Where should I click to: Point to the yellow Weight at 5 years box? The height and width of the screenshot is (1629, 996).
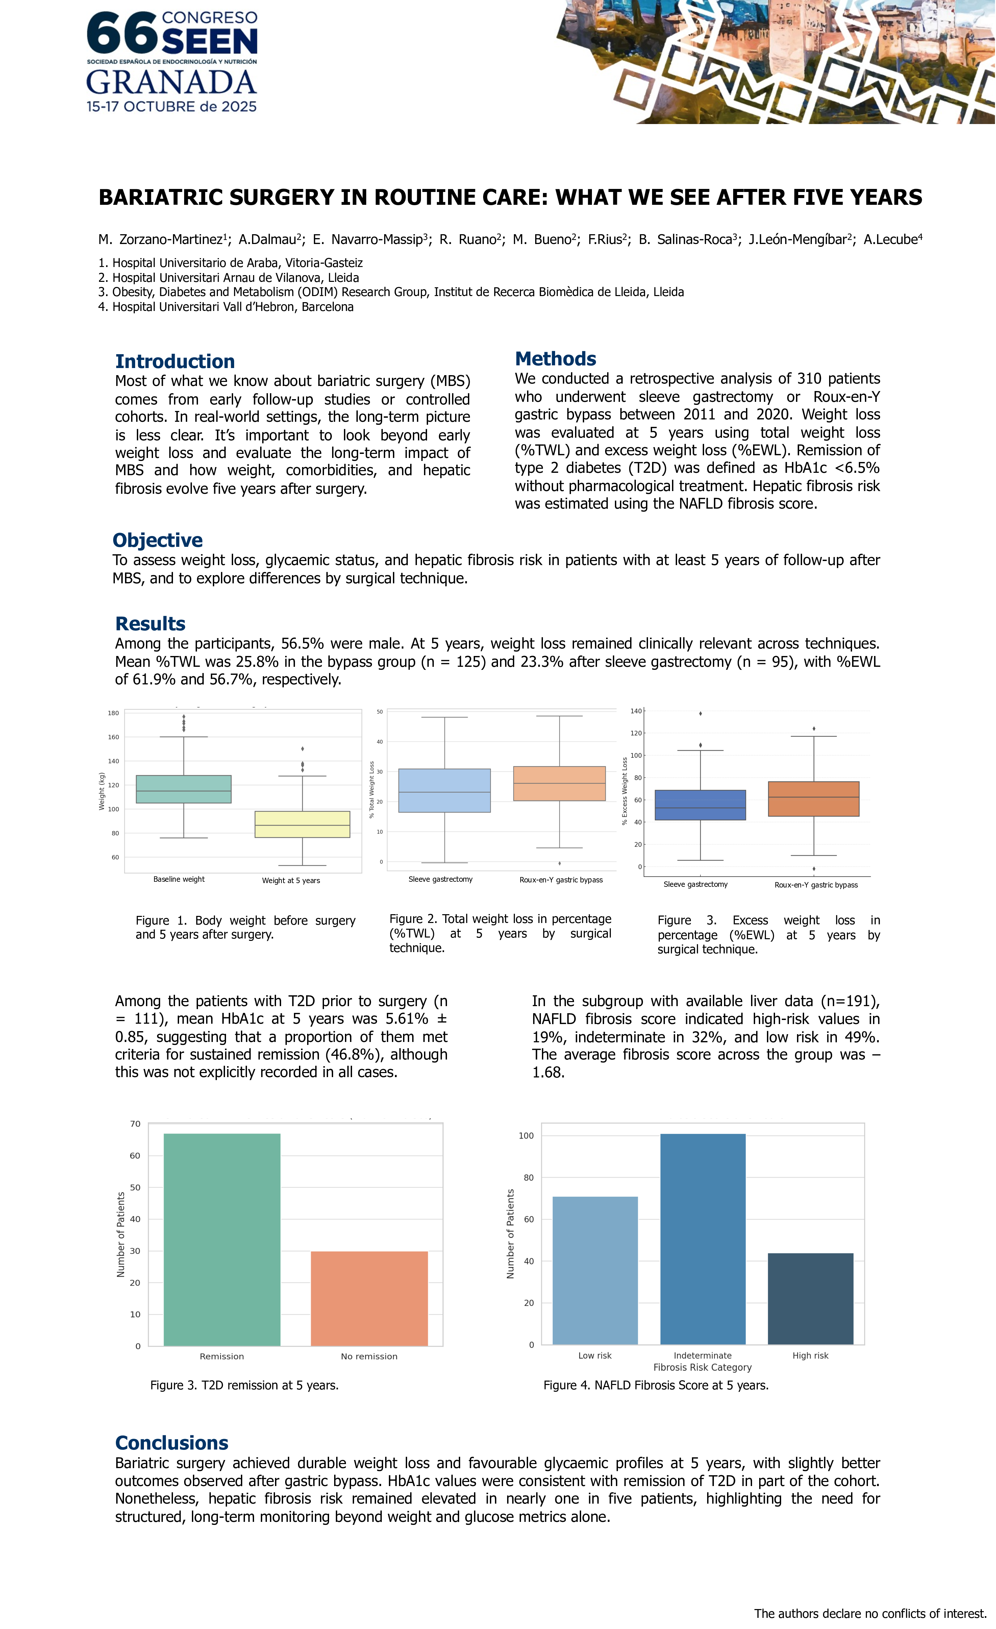302,824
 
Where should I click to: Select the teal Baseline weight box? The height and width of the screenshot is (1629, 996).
183,789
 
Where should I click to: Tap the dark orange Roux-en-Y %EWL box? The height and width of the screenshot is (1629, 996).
814,799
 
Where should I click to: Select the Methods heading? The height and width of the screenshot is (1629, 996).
555,359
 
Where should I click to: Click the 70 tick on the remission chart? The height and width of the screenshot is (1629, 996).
135,1124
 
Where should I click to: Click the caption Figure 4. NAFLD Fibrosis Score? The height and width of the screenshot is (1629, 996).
656,1385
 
